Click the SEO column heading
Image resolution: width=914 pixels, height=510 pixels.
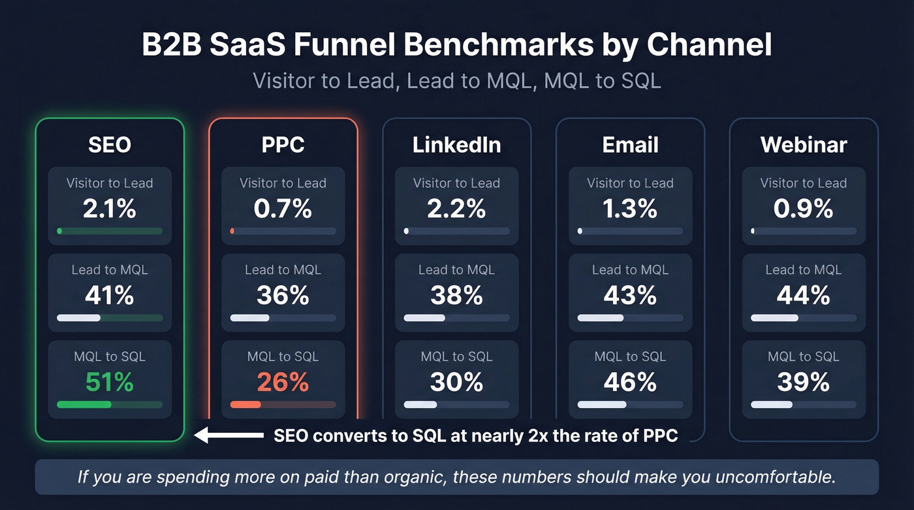110,145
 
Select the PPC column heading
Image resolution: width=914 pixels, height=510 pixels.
283,145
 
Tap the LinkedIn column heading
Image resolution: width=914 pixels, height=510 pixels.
456,145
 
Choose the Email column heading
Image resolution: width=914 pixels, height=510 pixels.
630,145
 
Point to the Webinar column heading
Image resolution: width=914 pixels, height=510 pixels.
804,145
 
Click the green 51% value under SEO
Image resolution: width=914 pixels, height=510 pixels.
110,382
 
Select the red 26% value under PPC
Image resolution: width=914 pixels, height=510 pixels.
283,382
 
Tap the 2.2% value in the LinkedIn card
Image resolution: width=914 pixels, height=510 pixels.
456,208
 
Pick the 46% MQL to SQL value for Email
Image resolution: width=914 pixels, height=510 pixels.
630,382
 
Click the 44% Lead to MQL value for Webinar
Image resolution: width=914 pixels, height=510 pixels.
804,295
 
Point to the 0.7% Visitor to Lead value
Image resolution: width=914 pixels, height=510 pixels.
283,208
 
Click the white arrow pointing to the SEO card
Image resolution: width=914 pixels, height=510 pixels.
228,436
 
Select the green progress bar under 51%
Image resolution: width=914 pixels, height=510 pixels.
84,405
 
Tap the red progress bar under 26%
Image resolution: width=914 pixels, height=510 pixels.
246,405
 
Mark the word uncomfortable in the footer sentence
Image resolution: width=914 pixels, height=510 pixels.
775,477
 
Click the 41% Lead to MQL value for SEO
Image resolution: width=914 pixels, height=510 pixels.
110,295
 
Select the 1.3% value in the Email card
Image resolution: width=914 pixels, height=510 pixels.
630,208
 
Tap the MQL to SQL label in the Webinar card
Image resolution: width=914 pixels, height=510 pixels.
804,357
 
